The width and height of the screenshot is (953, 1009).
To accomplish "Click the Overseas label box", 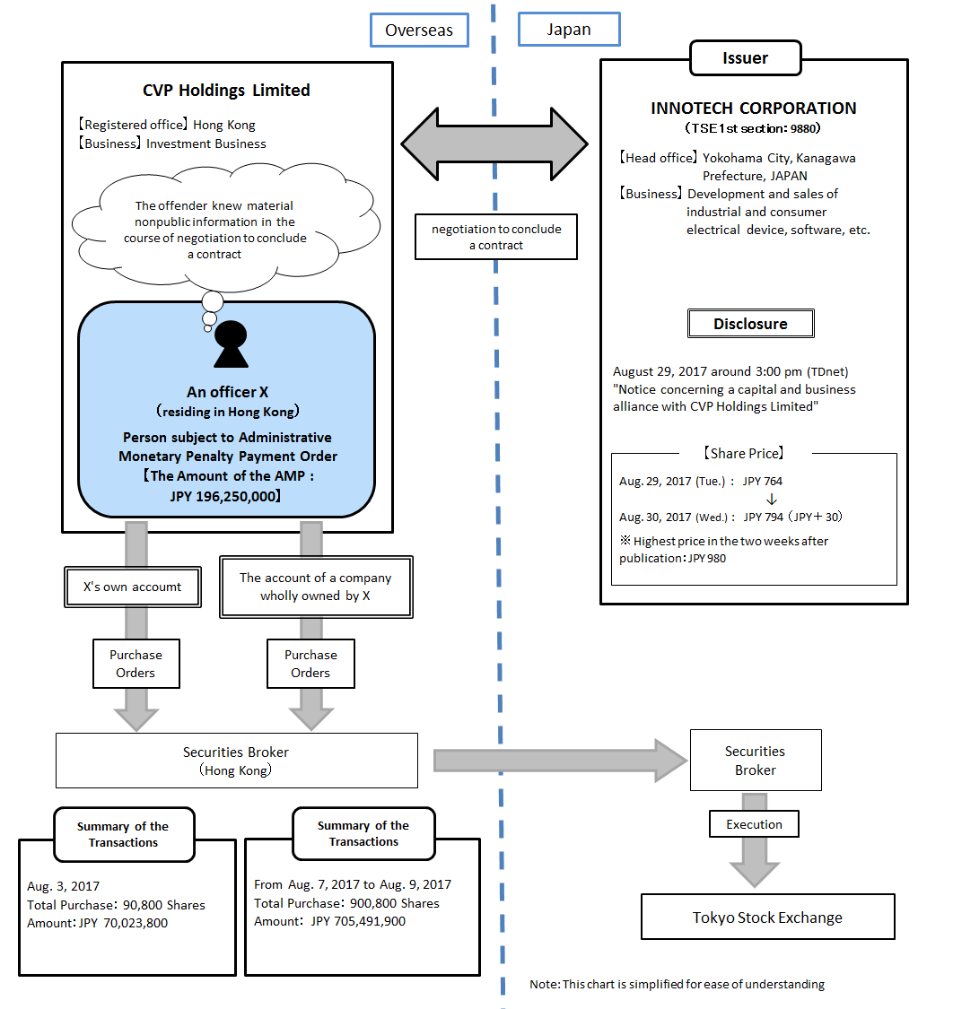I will (x=418, y=30).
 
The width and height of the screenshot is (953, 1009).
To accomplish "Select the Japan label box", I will (x=569, y=29).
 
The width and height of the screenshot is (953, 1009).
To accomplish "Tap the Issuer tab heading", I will (x=745, y=58).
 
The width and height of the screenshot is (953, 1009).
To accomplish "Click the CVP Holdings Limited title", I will (x=226, y=91).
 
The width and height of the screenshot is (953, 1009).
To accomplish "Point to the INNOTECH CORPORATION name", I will (x=753, y=109).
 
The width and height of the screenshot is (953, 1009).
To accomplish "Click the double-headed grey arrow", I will (x=494, y=143).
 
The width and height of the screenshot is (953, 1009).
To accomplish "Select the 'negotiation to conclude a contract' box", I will (x=496, y=237).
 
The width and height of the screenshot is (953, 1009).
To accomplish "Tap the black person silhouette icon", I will (x=231, y=344).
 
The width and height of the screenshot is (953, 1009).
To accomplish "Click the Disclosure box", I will (x=750, y=324).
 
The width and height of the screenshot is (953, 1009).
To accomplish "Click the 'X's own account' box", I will (x=132, y=587).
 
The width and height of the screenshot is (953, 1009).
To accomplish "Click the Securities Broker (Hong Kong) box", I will (x=236, y=761).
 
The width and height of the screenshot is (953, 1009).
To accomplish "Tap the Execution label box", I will (x=754, y=824).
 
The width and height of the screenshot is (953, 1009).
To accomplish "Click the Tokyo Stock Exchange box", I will (x=767, y=917).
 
